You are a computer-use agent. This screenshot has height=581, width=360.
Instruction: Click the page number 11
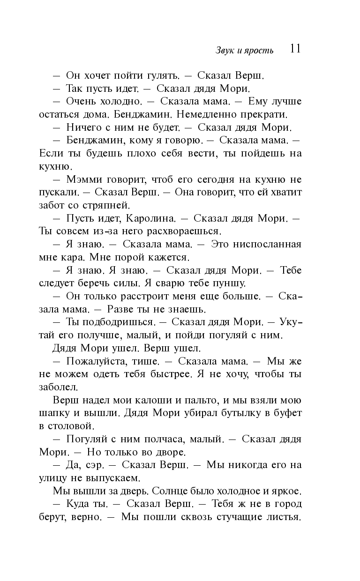(295, 49)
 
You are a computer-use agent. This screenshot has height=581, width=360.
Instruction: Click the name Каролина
(150, 218)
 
